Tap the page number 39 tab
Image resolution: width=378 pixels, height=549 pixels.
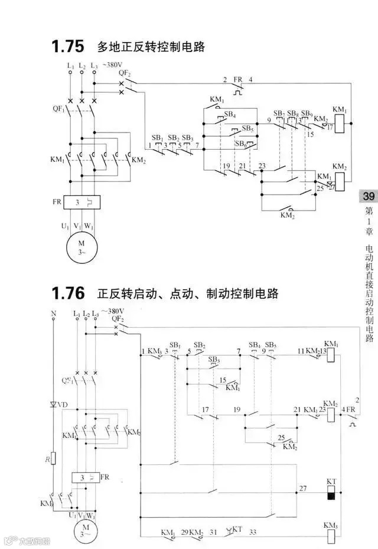(368, 196)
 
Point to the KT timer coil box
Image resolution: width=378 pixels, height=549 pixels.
(331, 492)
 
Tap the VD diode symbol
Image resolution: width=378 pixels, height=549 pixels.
(54, 405)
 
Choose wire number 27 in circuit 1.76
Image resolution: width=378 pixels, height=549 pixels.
(303, 488)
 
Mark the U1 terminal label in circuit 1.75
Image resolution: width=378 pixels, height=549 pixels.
(66, 226)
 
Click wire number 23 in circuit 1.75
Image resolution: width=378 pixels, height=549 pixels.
(262, 166)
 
